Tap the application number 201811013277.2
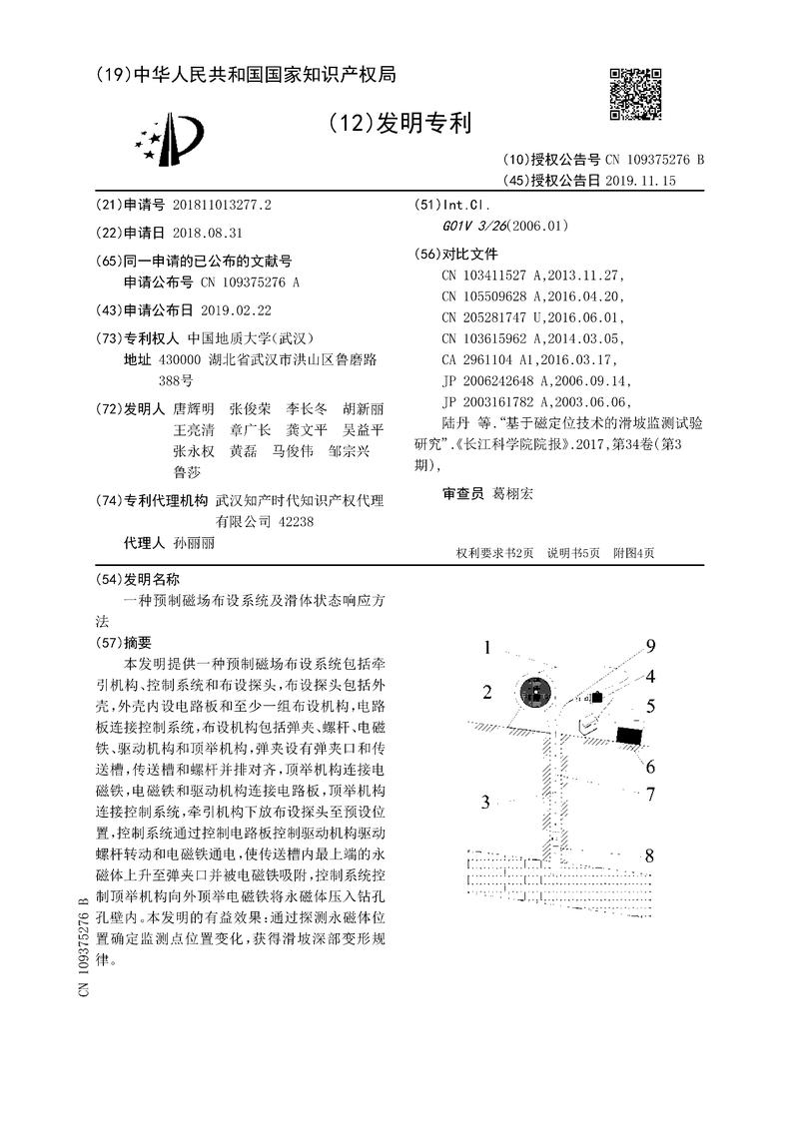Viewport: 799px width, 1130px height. pos(222,205)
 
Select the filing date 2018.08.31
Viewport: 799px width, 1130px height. pos(208,232)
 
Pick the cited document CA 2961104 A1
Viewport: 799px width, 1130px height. pos(495,360)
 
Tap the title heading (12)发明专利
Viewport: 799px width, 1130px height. pos(399,123)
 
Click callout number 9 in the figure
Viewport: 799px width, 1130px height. pos(649,645)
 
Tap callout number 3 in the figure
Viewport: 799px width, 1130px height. pos(485,802)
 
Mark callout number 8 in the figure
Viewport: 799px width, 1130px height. pos(649,855)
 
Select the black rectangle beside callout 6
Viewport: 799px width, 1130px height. pos(628,736)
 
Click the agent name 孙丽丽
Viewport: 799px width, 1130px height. pos(193,543)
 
